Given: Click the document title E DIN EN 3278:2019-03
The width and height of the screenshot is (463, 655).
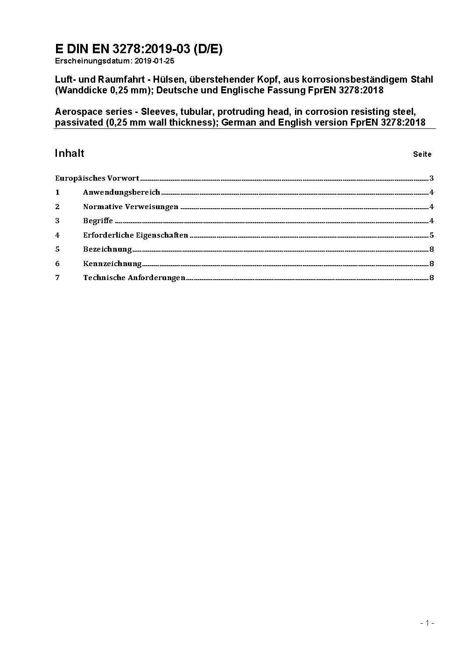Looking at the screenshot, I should click(139, 49).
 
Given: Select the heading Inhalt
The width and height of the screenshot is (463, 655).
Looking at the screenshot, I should click(70, 153).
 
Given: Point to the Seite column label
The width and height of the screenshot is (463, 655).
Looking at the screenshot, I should click(422, 154).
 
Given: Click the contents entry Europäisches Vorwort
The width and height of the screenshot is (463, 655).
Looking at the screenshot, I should click(97, 178).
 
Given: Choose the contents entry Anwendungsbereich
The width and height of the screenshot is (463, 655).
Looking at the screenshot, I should click(121, 192).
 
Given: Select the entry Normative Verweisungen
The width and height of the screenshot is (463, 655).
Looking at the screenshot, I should click(131, 206).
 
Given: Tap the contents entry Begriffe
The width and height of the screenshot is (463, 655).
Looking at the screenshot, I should click(98, 220).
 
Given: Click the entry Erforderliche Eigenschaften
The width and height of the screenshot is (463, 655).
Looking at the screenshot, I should click(135, 235).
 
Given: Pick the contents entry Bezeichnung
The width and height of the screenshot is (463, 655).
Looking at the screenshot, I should click(107, 249).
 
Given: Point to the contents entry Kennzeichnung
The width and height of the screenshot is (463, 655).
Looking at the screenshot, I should click(112, 263).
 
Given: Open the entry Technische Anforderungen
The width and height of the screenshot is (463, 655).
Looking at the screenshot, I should click(134, 277).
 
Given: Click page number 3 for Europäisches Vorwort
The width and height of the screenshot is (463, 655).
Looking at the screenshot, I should click(432, 178).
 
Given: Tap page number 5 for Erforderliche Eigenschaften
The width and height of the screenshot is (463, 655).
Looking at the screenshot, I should click(432, 235).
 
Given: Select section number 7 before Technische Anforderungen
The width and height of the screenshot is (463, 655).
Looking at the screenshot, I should click(57, 277).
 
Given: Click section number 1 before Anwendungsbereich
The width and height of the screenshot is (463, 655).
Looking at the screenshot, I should click(57, 192).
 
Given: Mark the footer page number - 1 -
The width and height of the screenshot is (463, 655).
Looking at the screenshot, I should click(428, 623).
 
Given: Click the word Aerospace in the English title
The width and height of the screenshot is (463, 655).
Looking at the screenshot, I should click(76, 112).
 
